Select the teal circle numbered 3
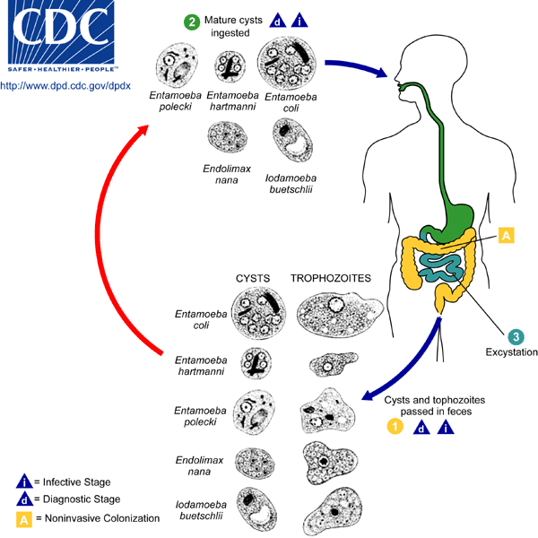[x=515, y=336]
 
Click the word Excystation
[x=510, y=353]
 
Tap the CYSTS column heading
[x=253, y=279]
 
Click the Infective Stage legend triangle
[x=28, y=482]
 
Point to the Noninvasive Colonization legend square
[x=28, y=517]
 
